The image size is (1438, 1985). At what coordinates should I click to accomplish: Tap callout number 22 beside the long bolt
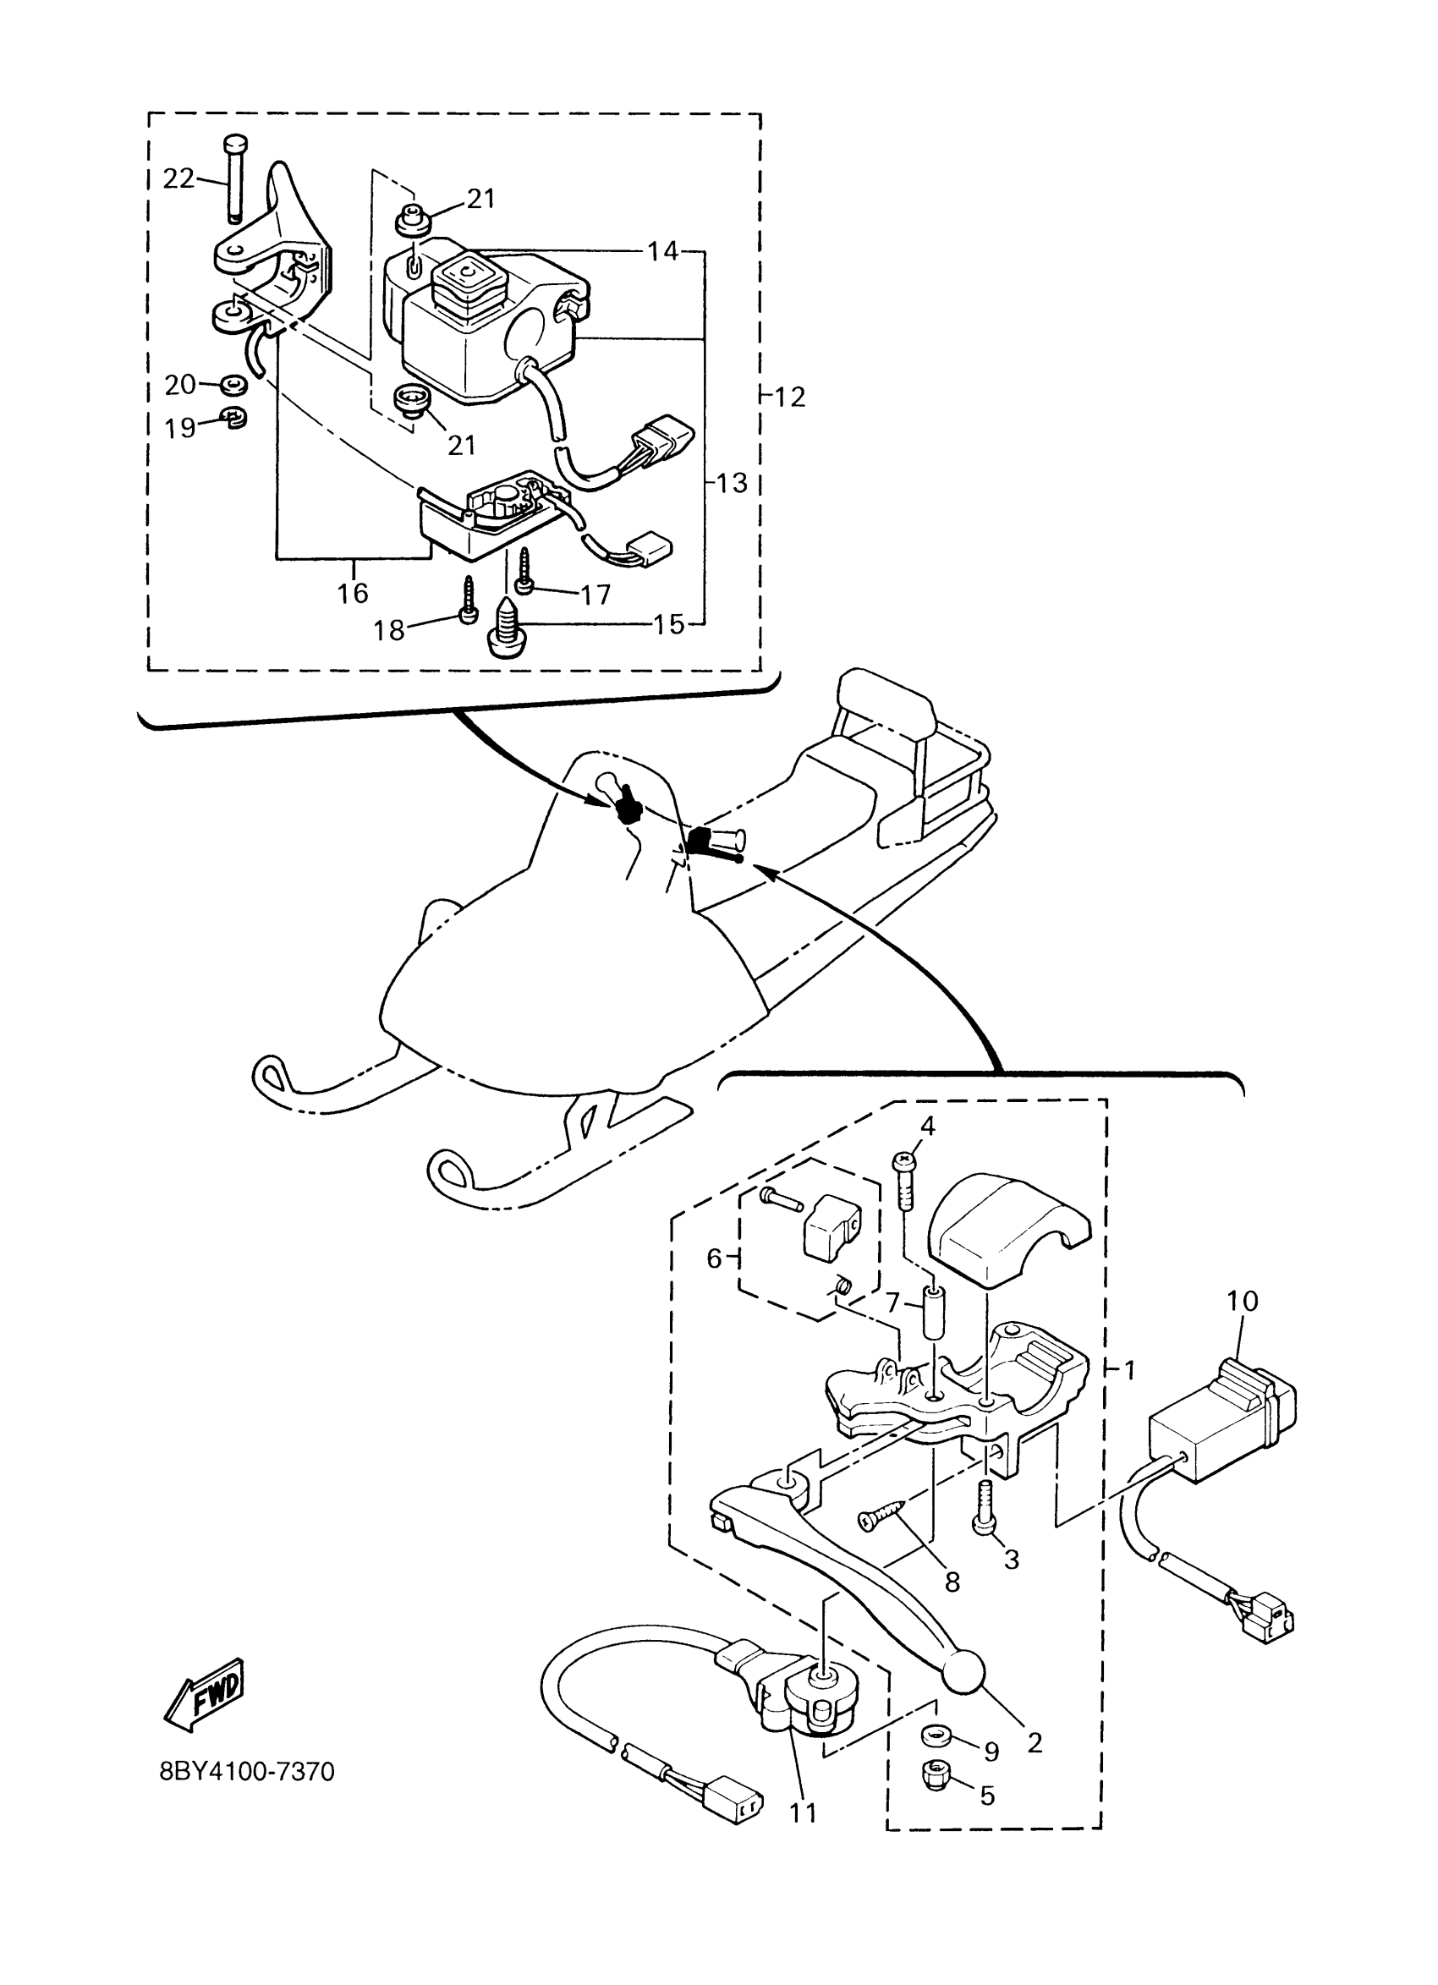click(x=179, y=178)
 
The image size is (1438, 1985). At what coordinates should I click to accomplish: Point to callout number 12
click(x=789, y=397)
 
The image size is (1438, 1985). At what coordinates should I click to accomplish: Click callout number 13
click(x=732, y=482)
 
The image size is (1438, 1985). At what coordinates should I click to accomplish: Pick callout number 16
click(x=353, y=594)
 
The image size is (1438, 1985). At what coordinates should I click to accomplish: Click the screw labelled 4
click(x=903, y=1182)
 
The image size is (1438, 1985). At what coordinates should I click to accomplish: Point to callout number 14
click(x=662, y=251)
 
